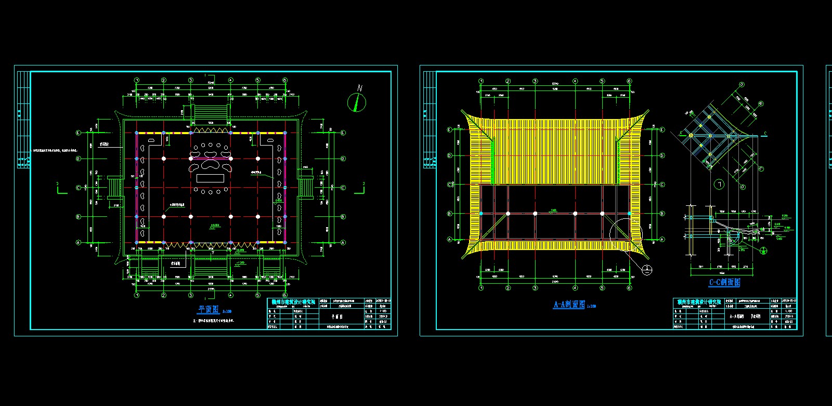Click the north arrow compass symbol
[x=357, y=102]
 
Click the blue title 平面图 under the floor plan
[x=209, y=309]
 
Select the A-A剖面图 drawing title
[x=569, y=304]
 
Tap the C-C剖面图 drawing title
[x=724, y=282]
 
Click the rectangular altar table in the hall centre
[x=210, y=178]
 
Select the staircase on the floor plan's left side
[x=115, y=187]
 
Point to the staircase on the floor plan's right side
[x=306, y=187]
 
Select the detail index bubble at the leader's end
[x=646, y=269]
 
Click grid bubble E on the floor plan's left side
[x=79, y=133]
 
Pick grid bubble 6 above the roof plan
[x=629, y=81]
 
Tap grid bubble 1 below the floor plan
[x=137, y=295]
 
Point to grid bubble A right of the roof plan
[x=662, y=240]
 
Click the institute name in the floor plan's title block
[x=293, y=302]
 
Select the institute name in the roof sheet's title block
[x=699, y=302]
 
